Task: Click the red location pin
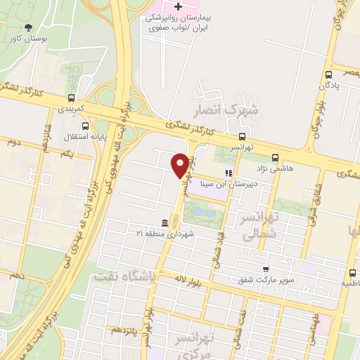click(x=180, y=165)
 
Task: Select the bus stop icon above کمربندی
click(x=70, y=98)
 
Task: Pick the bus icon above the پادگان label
click(x=328, y=75)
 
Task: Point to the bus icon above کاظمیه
click(x=352, y=273)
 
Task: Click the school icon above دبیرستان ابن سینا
click(x=227, y=173)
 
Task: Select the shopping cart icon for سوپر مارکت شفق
click(x=265, y=269)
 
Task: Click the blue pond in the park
click(x=202, y=211)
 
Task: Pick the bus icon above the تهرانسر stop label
click(x=242, y=136)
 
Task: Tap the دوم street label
click(x=11, y=142)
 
